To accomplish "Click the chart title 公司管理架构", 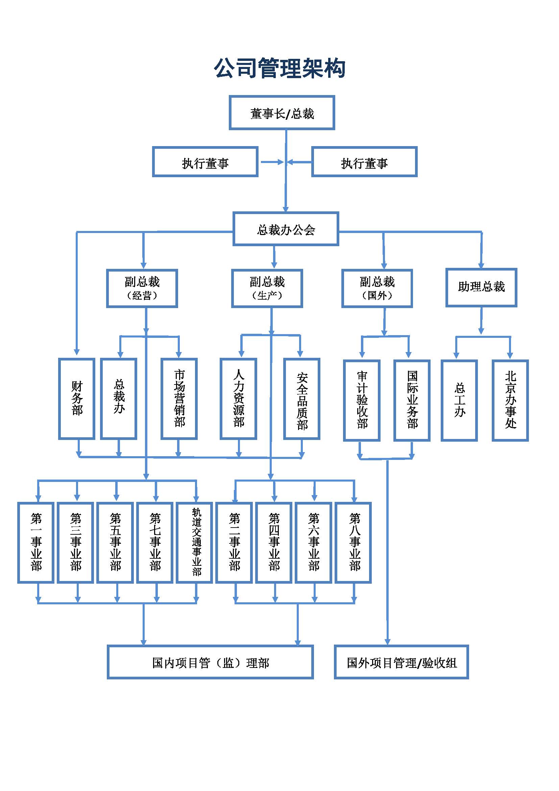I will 279,68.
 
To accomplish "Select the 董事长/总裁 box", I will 282,113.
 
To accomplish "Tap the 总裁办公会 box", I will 286,229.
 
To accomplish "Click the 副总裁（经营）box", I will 142,288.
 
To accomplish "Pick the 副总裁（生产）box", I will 267,288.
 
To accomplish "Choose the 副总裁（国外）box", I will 377,288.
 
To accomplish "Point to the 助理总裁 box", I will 481,287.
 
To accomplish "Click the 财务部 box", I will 77,399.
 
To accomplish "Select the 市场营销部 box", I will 179,399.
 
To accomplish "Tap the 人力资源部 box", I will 239,399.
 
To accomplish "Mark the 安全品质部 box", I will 302,399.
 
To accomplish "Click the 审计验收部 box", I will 362,400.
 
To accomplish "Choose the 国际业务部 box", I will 412,400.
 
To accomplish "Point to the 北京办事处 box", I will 510,400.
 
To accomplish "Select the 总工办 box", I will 459,400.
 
